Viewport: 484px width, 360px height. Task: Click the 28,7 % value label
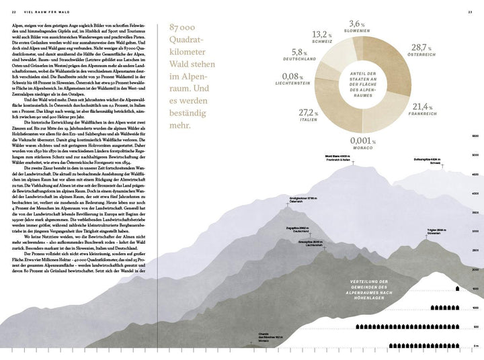pos(421,48)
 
